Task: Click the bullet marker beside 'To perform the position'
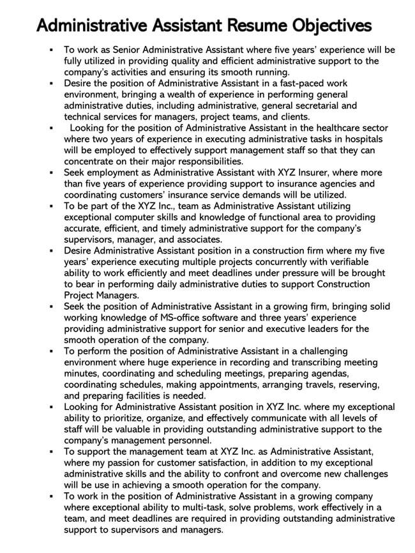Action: [50, 351]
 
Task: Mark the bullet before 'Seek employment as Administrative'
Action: [50, 172]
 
